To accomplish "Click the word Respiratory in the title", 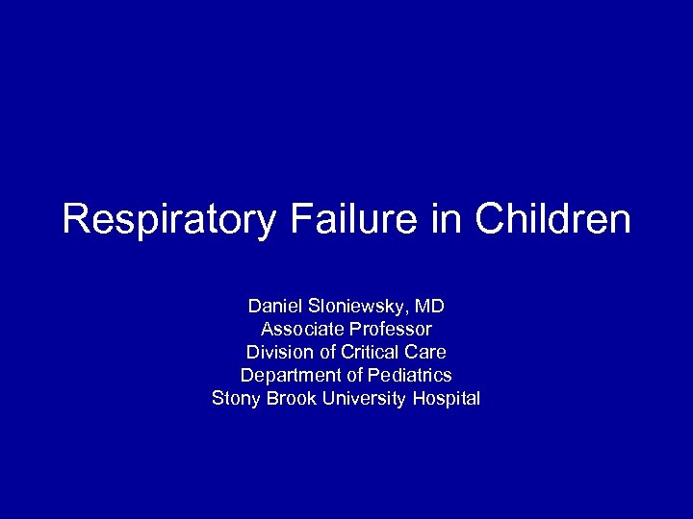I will tap(168, 220).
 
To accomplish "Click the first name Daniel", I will tap(274, 307).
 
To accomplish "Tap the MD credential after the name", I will tap(429, 307).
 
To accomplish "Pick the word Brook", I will tap(290, 398).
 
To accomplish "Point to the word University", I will tap(366, 398).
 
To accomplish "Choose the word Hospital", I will tap(446, 398).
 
